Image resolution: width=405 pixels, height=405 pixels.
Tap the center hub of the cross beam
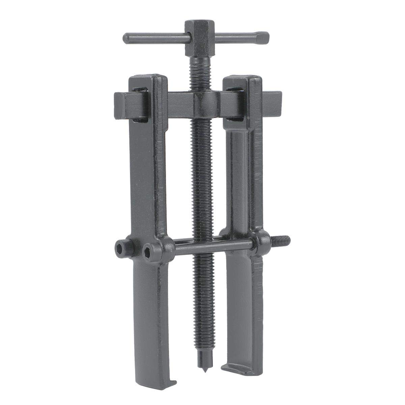pyautogui.click(x=206, y=104)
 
